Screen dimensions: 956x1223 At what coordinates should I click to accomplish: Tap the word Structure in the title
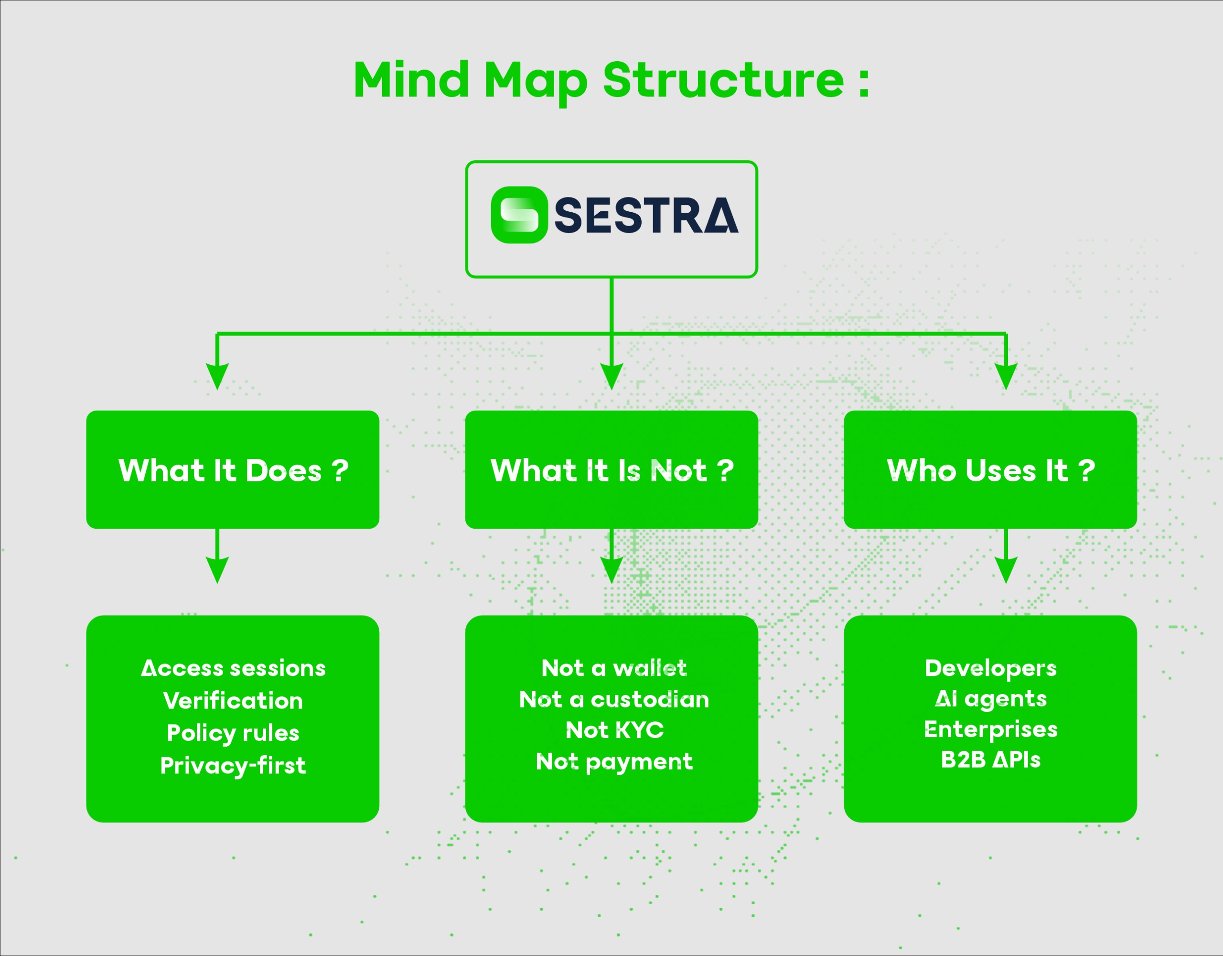pyautogui.click(x=723, y=80)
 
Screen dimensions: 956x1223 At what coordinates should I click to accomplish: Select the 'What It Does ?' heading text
pyautogui.click(x=233, y=470)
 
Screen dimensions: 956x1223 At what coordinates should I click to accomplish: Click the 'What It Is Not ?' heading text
pyautogui.click(x=611, y=470)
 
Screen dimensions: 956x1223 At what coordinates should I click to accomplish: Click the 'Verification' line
pyautogui.click(x=233, y=700)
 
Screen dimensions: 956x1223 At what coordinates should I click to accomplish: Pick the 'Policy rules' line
pyautogui.click(x=233, y=733)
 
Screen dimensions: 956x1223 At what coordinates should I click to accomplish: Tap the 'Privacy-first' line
pyautogui.click(x=233, y=765)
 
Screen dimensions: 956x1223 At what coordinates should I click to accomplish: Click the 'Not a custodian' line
pyautogui.click(x=614, y=699)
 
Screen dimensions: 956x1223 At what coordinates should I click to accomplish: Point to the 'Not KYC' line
pyautogui.click(x=614, y=730)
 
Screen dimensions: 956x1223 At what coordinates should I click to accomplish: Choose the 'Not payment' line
pyautogui.click(x=614, y=761)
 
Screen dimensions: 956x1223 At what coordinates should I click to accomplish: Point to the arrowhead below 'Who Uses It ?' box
pyautogui.click(x=1006, y=570)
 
